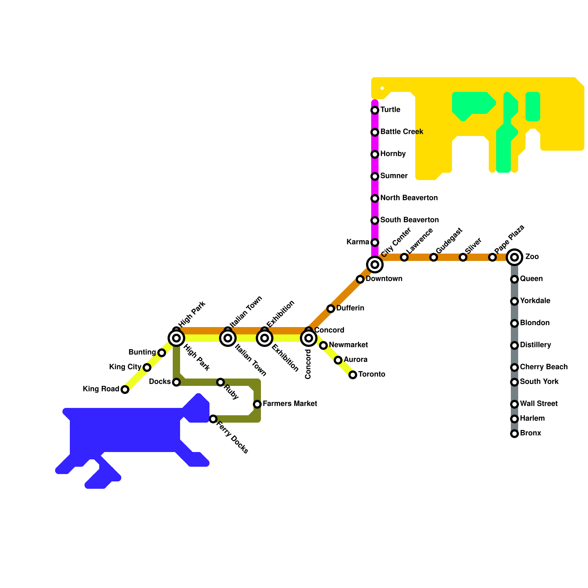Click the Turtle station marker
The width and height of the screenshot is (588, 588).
(x=375, y=110)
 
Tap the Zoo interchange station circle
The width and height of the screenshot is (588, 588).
(x=514, y=257)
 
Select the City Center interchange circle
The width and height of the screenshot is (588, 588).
(x=375, y=264)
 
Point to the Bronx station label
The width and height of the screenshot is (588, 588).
(x=531, y=433)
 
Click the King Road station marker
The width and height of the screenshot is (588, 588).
(x=125, y=390)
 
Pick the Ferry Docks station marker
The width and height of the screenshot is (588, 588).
(x=213, y=419)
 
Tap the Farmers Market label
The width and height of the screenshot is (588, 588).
(x=290, y=404)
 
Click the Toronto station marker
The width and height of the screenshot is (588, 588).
(x=353, y=375)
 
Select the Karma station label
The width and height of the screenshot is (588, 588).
(x=358, y=242)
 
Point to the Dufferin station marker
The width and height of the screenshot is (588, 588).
(x=331, y=309)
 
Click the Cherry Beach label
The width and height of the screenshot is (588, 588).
(x=544, y=367)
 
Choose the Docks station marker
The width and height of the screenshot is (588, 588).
(x=176, y=382)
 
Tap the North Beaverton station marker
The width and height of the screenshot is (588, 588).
(x=375, y=198)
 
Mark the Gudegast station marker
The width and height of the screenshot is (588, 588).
(x=434, y=257)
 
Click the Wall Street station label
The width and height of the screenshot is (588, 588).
(x=539, y=404)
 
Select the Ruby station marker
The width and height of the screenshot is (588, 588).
(x=220, y=382)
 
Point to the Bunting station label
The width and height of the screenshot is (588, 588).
(x=142, y=352)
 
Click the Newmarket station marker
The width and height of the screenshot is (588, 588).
(x=323, y=345)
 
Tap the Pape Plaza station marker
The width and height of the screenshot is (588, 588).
(x=492, y=257)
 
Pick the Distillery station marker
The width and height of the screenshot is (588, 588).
(x=514, y=345)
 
